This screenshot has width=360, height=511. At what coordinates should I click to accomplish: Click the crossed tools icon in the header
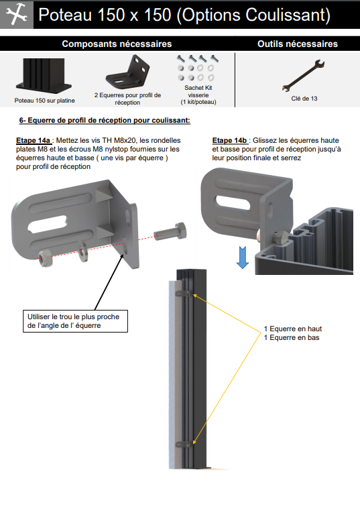click(16, 15)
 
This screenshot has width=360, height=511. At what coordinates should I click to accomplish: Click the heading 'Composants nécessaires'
click(117, 44)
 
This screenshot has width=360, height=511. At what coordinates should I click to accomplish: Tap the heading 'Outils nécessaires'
click(298, 44)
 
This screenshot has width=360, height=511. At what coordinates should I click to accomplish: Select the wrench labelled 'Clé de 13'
click(303, 75)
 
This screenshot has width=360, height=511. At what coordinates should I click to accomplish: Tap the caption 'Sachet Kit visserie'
click(198, 91)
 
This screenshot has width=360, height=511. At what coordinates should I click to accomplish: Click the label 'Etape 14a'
click(34, 140)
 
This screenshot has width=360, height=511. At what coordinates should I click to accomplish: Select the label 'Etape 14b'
click(229, 140)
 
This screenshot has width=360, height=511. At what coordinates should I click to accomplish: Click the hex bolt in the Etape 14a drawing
click(170, 231)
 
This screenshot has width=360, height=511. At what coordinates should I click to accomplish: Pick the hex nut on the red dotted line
click(46, 259)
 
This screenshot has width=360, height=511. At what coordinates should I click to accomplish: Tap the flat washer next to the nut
click(83, 251)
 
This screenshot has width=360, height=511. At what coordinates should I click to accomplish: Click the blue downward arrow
click(243, 257)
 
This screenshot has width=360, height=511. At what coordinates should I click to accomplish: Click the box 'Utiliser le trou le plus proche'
click(75, 321)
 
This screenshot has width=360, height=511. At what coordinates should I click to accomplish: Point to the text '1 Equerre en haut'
click(292, 329)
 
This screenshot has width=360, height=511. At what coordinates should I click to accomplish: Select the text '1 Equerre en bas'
click(291, 337)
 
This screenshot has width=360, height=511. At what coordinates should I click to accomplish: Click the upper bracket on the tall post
click(183, 294)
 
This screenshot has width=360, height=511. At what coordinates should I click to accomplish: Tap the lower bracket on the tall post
click(184, 444)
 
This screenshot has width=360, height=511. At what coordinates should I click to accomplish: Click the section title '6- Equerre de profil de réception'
click(105, 120)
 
